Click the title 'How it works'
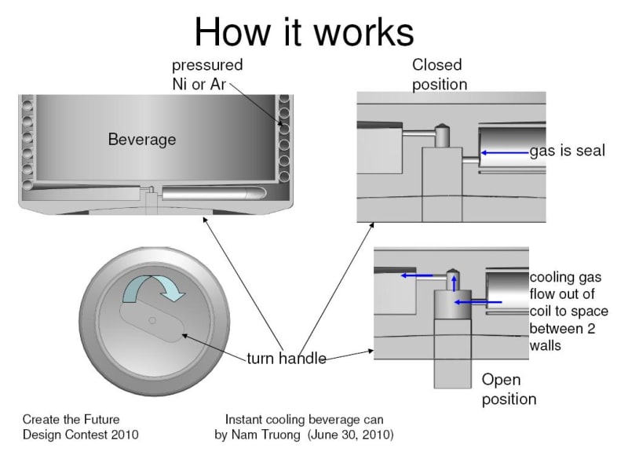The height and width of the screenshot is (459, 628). (304, 32)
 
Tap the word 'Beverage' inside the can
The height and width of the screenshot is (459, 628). (142, 140)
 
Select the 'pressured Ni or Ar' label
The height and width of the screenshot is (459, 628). (207, 74)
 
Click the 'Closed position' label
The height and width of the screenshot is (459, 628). (439, 74)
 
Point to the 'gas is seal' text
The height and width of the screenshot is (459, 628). (567, 151)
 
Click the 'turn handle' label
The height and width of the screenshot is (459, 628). (287, 359)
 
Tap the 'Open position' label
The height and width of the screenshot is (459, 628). (508, 389)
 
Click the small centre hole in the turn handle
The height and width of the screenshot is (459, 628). (152, 319)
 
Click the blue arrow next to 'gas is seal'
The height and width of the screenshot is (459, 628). (503, 151)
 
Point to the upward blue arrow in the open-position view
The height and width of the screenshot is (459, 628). (455, 282)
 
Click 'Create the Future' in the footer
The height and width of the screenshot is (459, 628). (71, 419)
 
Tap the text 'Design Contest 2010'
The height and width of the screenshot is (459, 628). (80, 434)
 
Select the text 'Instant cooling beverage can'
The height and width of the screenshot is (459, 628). (304, 419)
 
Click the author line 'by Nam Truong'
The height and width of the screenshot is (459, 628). (258, 434)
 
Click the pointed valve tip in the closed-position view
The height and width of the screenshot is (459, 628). (443, 126)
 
